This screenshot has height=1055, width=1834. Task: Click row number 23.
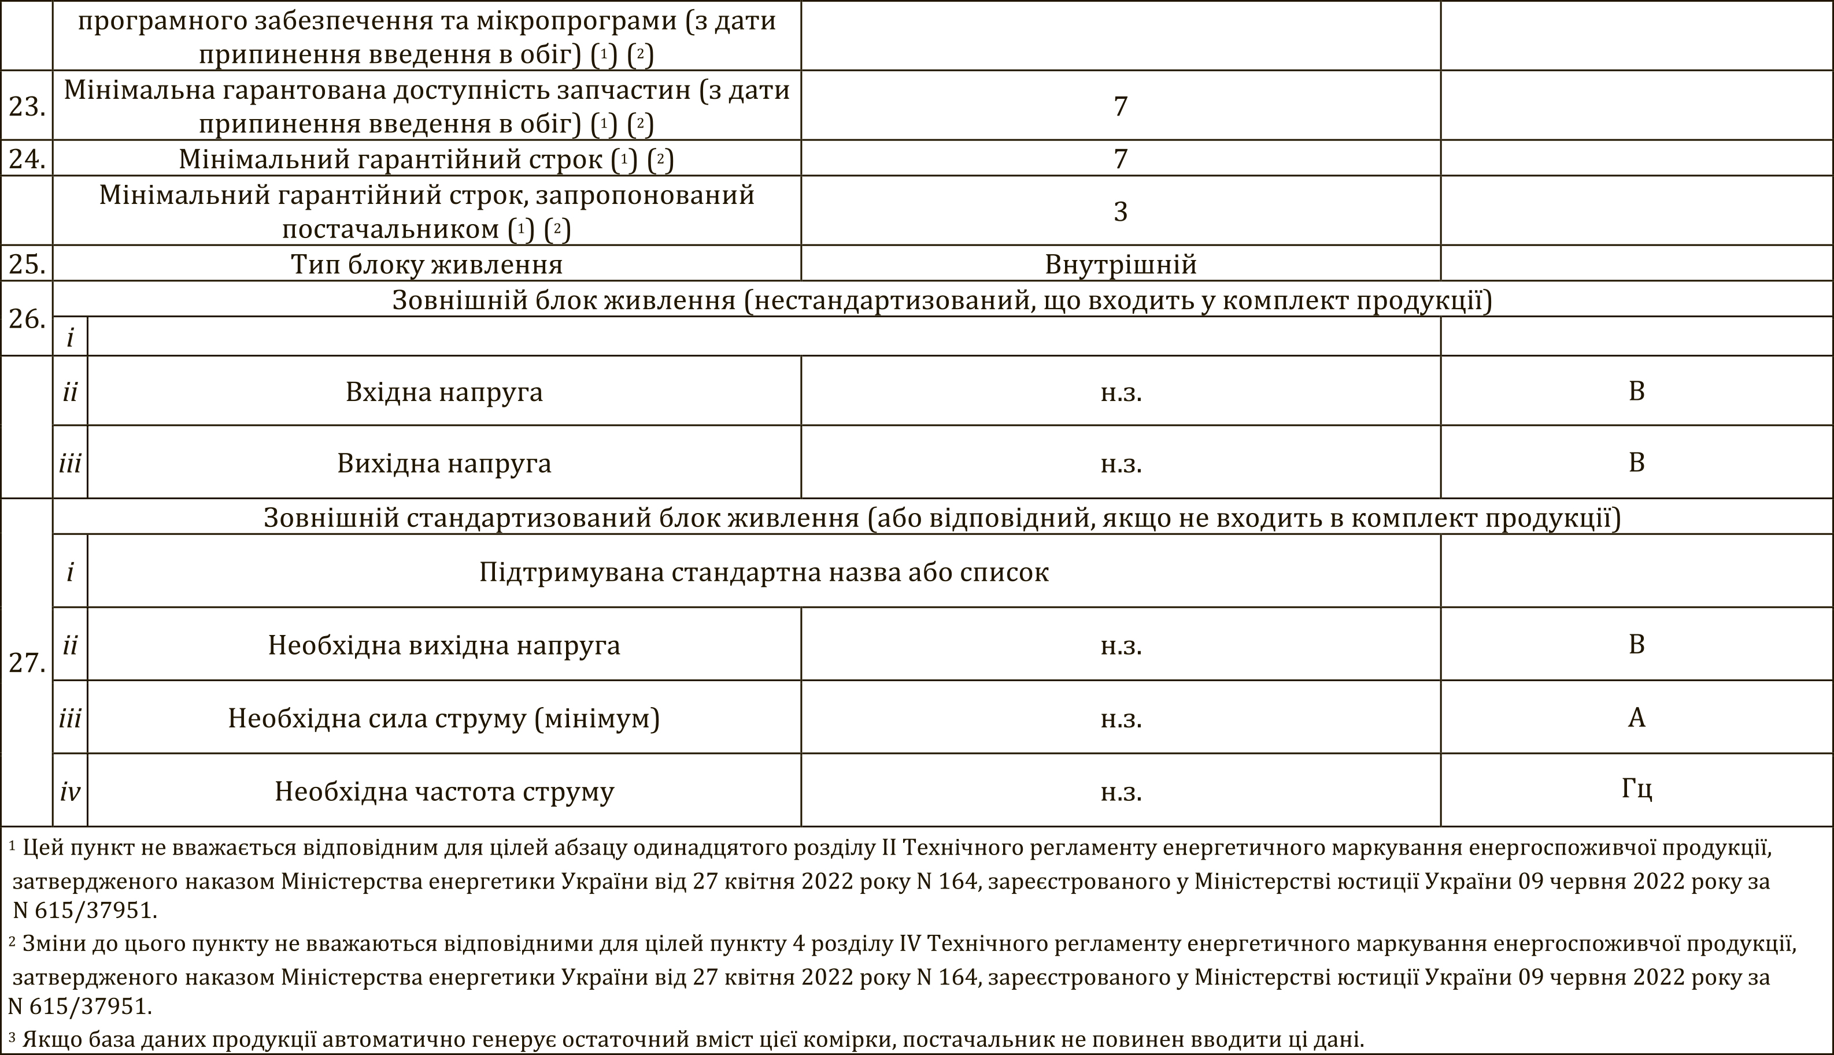click(x=27, y=106)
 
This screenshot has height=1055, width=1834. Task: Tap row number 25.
click(x=27, y=263)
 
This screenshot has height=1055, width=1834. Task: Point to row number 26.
click(x=27, y=319)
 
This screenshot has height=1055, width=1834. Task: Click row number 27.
click(x=27, y=662)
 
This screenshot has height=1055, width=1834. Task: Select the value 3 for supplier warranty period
click(x=1120, y=211)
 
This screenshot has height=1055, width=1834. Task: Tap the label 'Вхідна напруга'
click(x=443, y=392)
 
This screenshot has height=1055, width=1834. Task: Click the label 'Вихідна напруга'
click(x=443, y=463)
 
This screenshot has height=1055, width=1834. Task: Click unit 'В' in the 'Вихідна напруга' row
click(x=1636, y=462)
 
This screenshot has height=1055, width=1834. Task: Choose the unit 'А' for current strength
click(x=1636, y=718)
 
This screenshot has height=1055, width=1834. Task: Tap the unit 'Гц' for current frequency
click(x=1636, y=789)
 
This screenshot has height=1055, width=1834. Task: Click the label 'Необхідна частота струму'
click(x=443, y=792)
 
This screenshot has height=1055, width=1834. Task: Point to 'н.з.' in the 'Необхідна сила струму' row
click(x=1121, y=719)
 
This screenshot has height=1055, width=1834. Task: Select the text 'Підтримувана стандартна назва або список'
click(x=763, y=573)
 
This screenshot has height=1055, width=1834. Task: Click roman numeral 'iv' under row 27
click(x=71, y=792)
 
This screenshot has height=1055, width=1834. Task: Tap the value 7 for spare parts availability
click(x=1120, y=106)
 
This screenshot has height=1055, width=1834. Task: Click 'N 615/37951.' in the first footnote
click(x=85, y=910)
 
